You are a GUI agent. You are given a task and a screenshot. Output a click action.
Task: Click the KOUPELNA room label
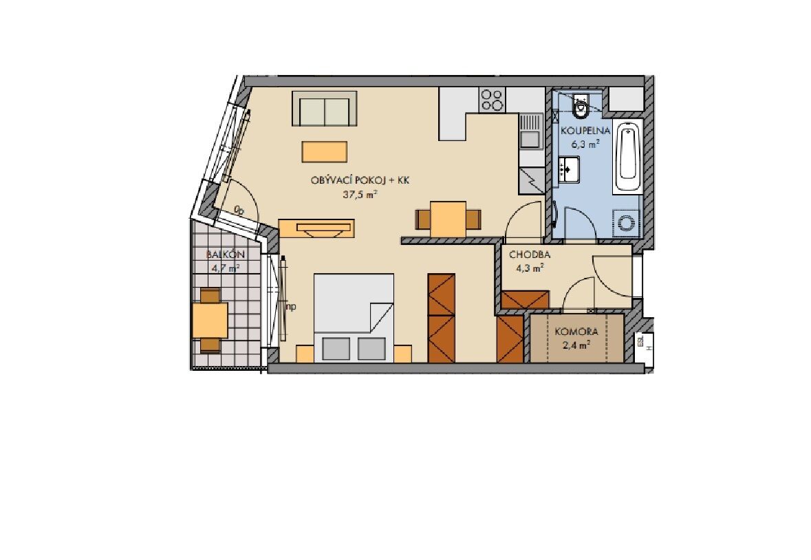(x=585, y=131)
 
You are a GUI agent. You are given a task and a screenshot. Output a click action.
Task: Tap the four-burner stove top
(x=492, y=100)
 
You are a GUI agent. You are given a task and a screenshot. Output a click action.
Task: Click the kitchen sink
(x=530, y=131)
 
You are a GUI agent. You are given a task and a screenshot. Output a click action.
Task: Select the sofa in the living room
(x=325, y=108)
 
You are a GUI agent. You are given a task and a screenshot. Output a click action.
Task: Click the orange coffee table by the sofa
(x=324, y=152)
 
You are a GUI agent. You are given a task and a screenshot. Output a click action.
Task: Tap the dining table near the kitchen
(x=448, y=219)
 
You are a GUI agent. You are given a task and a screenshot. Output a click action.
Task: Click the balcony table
(x=210, y=319)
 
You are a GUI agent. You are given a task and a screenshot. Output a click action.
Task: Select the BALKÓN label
(x=225, y=255)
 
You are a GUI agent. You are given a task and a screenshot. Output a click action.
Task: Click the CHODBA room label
(x=530, y=255)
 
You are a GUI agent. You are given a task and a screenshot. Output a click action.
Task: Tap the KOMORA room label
(x=576, y=332)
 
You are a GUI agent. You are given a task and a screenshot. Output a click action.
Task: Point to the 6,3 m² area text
(x=585, y=144)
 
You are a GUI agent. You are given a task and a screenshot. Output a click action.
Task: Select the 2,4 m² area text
(x=576, y=345)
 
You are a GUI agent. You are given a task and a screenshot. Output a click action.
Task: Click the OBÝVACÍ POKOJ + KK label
(x=360, y=180)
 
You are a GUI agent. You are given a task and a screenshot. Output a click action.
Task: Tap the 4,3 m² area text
(x=530, y=268)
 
